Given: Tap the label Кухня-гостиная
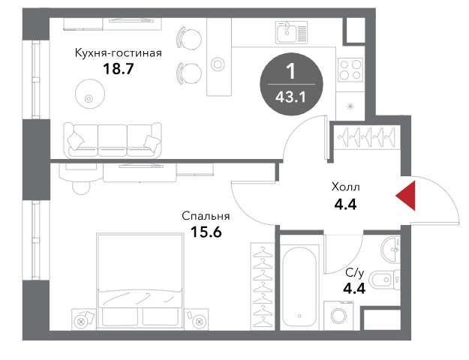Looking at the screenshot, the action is tap(118, 53).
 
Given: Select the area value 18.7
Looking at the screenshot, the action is tap(118, 69).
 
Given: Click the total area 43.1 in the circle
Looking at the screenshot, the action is tap(291, 97).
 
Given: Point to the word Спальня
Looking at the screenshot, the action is tap(206, 216).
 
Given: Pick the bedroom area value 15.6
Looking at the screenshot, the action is tap(206, 232).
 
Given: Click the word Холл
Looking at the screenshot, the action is tap(345, 187).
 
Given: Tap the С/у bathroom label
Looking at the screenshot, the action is tap(354, 273).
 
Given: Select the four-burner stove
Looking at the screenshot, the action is tap(350, 69).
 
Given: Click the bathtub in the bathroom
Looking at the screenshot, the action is tap(299, 286).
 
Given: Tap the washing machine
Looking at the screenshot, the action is tap(338, 316).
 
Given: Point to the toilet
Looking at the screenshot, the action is tap(385, 280).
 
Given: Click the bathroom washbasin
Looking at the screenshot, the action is tap(391, 249).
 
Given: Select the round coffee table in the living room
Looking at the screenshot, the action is tap(90, 94).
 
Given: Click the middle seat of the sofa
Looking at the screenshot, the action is tap(113, 140).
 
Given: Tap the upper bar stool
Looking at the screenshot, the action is tap(189, 39).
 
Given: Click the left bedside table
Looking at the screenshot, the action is tap(84, 319).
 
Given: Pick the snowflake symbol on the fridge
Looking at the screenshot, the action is tap(350, 106).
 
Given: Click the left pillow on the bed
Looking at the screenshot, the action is tap(120, 316).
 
